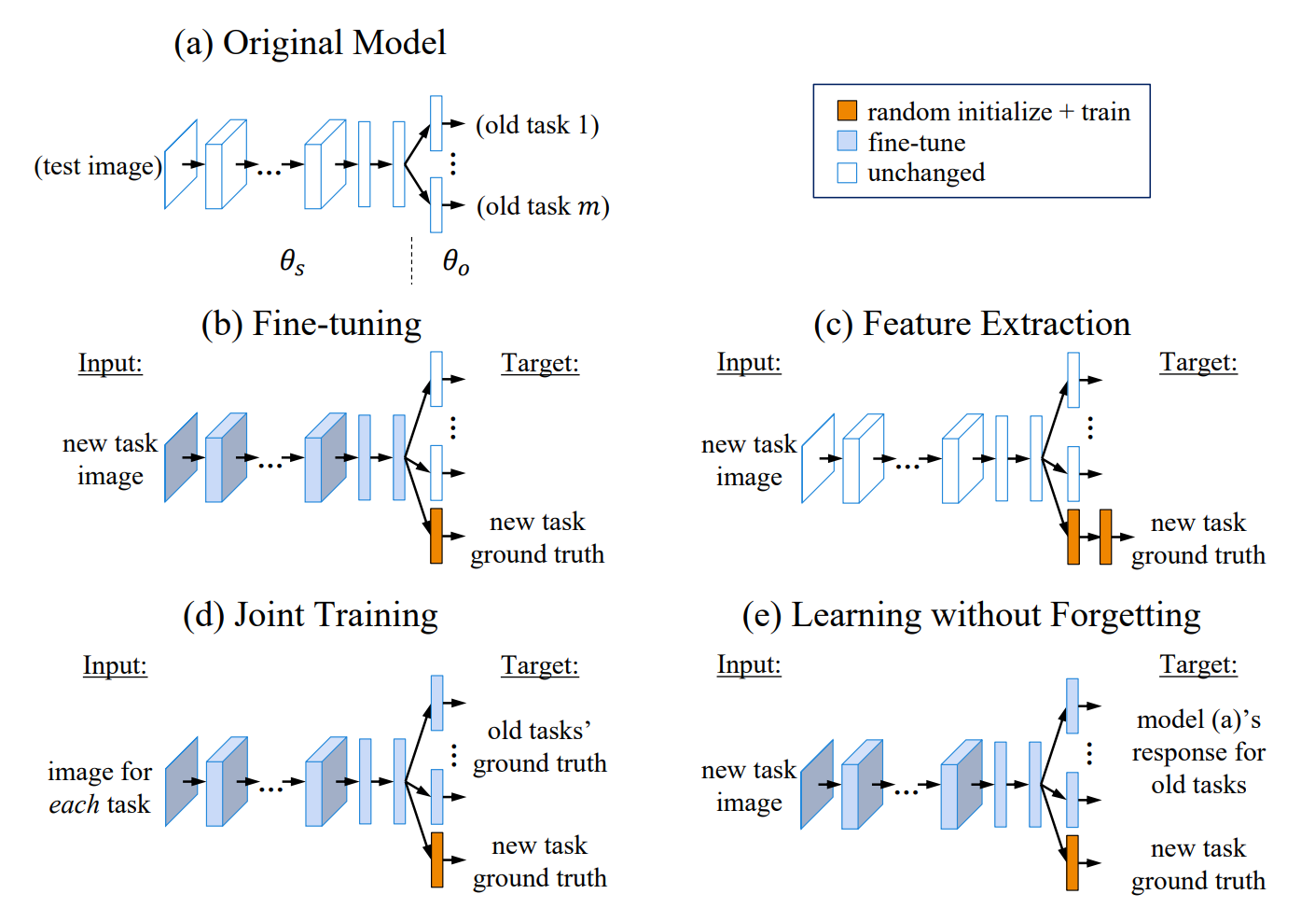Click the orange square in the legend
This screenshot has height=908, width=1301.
(847, 111)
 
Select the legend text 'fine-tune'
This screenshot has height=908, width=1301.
(916, 143)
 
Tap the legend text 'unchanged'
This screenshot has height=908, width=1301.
(925, 173)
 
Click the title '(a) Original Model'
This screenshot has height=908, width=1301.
(310, 43)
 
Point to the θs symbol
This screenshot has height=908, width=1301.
(292, 261)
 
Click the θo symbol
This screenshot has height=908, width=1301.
(455, 261)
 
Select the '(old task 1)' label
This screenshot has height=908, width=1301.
(537, 125)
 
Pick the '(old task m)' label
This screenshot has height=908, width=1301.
(543, 206)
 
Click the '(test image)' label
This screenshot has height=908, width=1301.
(98, 166)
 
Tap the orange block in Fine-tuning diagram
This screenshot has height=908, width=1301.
(436, 536)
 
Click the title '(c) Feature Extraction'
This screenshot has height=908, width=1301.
(971, 324)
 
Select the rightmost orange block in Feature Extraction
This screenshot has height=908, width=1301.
(1105, 537)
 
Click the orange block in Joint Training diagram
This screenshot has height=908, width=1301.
(436, 859)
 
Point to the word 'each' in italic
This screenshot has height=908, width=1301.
(75, 804)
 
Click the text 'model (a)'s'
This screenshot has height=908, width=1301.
(1198, 719)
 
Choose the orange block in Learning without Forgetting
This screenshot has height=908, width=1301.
(1073, 862)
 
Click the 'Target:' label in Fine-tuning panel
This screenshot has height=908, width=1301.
(540, 363)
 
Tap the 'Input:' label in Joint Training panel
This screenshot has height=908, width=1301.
(115, 665)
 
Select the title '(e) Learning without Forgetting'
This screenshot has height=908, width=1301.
(971, 616)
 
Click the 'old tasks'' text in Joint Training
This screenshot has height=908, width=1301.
(539, 730)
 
